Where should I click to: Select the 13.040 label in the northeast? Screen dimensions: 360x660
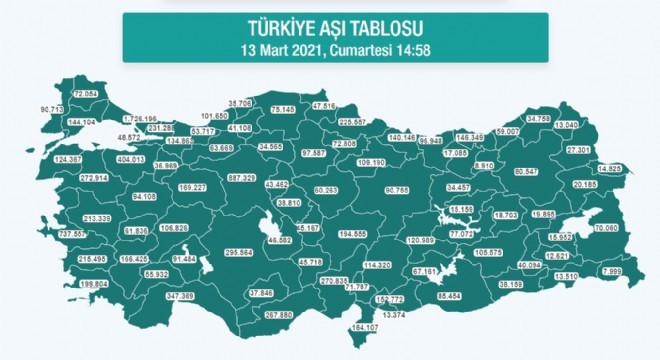click(x=593, y=124)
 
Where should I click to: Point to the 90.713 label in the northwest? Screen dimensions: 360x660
click(x=52, y=108)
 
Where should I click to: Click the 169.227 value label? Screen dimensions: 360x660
click(x=190, y=187)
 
